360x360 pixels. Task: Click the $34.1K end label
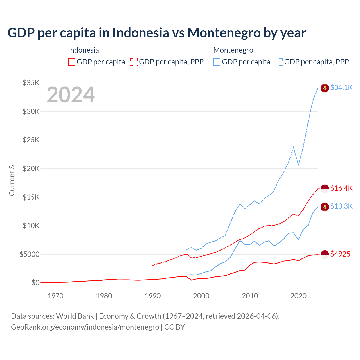pos(341,88)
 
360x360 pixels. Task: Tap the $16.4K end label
pos(341,188)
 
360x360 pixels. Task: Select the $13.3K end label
pos(341,206)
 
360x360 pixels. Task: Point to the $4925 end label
pos(340,254)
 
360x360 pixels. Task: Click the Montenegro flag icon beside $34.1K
pos(325,88)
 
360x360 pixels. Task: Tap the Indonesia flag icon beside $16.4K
pos(325,189)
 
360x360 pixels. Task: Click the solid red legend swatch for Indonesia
pos(72,62)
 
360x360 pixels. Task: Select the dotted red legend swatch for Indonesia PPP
pos(134,62)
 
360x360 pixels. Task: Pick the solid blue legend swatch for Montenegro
pos(217,62)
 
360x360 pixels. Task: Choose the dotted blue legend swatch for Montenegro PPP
pos(279,62)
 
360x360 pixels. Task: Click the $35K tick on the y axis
pos(31,83)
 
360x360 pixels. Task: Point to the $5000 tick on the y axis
pos(29,255)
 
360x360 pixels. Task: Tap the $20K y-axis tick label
pos(31,169)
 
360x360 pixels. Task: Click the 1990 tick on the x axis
pos(153,296)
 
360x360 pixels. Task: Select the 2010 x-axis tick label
pos(250,296)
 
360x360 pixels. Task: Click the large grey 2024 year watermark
pos(71,95)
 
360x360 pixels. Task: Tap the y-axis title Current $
pos(12,181)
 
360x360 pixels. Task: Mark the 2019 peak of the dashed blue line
pos(293,147)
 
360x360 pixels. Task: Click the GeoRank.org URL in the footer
pos(85,327)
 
